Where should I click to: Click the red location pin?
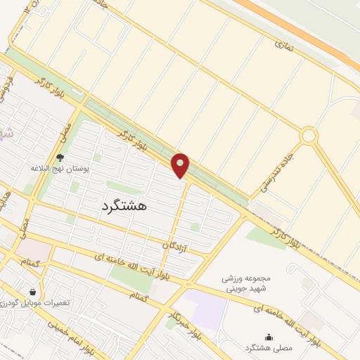click(x=181, y=165)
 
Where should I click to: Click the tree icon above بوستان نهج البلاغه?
click(x=60, y=158)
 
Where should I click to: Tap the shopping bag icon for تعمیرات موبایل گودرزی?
click(x=32, y=291)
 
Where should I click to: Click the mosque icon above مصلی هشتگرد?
click(x=268, y=337)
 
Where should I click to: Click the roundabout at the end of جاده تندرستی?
click(x=308, y=136)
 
